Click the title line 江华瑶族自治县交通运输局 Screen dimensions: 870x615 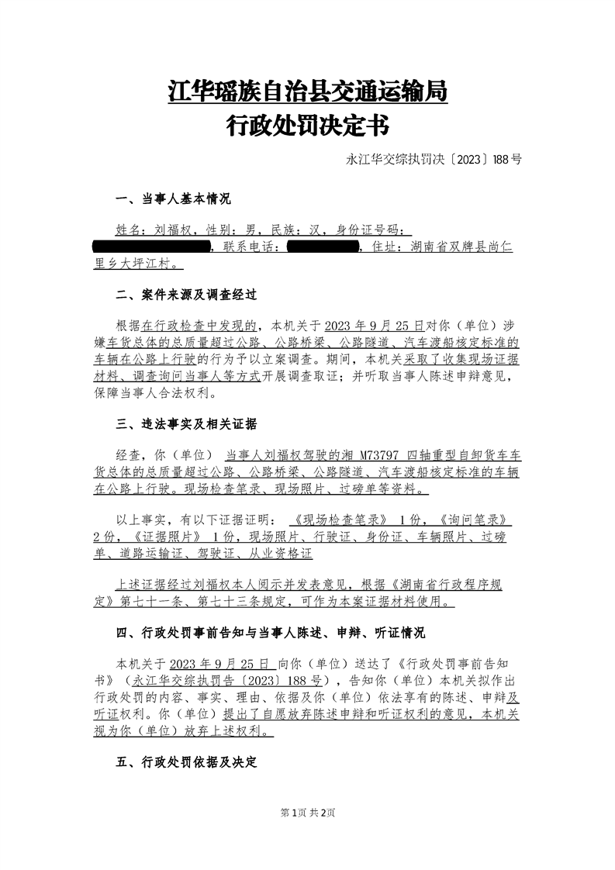click(307, 91)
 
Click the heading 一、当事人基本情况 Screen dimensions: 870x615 click(173, 200)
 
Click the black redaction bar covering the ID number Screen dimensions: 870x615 click(151, 247)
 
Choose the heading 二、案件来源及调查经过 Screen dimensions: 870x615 click(185, 295)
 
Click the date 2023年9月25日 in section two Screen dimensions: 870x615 click(375, 325)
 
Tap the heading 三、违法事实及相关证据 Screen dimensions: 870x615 click(185, 424)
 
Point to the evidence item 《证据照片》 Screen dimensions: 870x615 click(169, 537)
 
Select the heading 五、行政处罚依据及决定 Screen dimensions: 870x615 click(185, 761)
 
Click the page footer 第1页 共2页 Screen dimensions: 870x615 click(307, 813)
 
